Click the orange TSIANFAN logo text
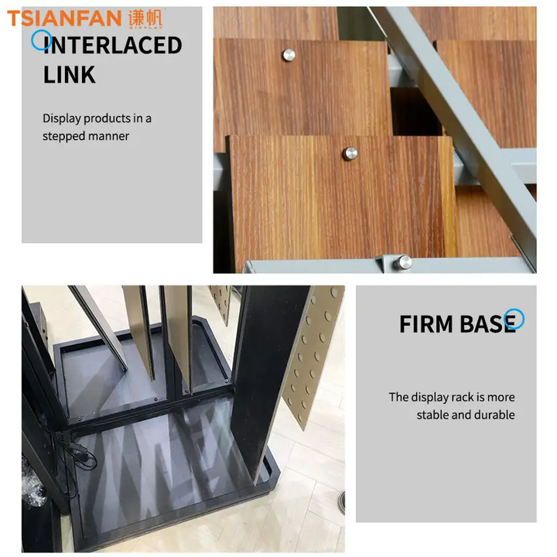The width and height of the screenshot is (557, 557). point(64,19)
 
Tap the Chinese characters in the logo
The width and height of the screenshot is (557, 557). point(145,18)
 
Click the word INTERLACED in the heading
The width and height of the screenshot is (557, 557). point(113,46)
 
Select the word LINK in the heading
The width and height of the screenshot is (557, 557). point(70,74)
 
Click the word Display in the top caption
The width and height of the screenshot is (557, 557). point(62,118)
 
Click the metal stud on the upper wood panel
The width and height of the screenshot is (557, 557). point(289,55)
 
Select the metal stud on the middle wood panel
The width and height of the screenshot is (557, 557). point(350,153)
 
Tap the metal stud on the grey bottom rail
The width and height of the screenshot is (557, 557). point(403,263)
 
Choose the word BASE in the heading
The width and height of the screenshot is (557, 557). point(487,324)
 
